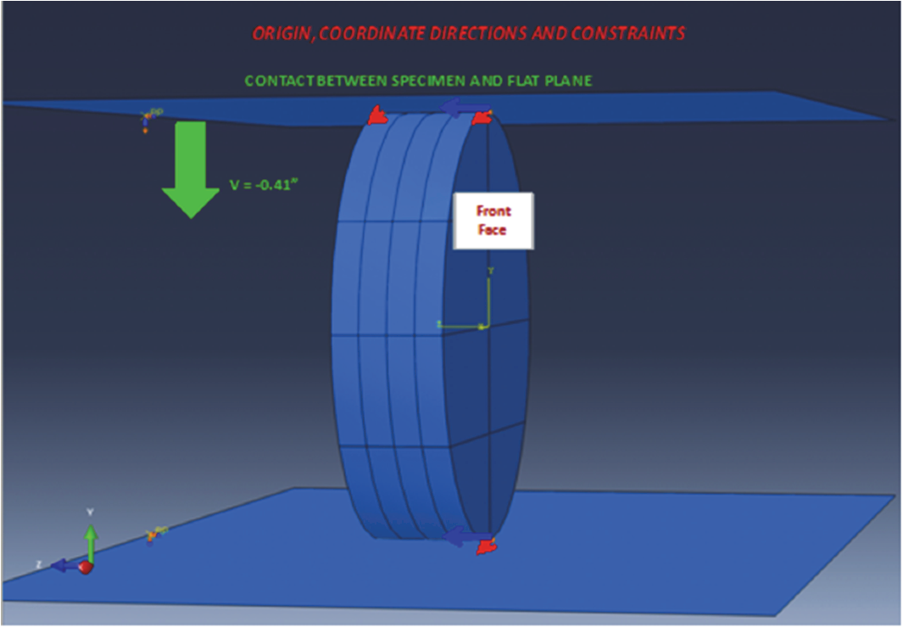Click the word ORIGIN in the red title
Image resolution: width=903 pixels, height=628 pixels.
point(283,33)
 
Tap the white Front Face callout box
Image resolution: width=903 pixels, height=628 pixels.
point(493,221)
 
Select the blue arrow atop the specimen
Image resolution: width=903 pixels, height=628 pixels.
point(466,108)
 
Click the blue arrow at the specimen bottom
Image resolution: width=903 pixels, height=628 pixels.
point(465,535)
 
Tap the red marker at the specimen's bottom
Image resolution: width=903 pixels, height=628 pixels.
point(486,547)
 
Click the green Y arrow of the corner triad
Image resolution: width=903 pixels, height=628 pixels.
point(90,535)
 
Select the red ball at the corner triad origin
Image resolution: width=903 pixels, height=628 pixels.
point(86,567)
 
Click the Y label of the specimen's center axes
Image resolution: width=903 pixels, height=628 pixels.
point(490,271)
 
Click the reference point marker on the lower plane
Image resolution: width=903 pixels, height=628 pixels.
point(153,534)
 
